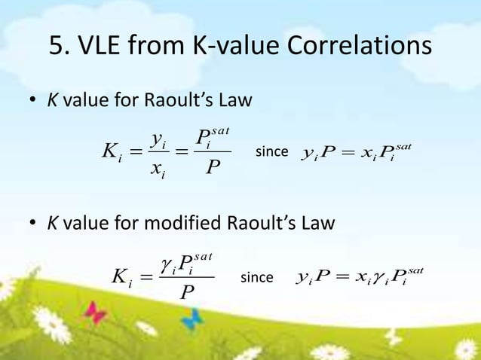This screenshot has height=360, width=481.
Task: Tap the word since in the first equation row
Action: pyautogui.click(x=271, y=152)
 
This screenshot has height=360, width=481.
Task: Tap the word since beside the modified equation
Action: pyautogui.click(x=256, y=278)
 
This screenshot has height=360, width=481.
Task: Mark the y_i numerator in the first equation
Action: pyautogui.click(x=158, y=139)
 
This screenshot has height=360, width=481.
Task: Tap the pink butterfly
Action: pyautogui.click(x=96, y=310)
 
